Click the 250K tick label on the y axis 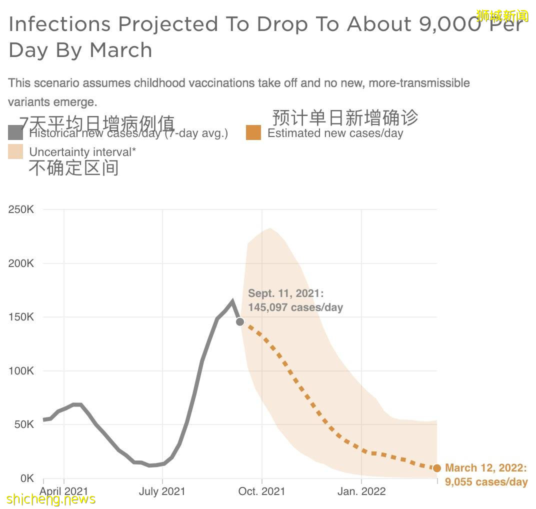(21, 209)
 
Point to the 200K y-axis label (21, 263)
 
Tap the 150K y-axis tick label (21, 317)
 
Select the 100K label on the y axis (21, 371)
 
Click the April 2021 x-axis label (64, 491)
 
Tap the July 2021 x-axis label (162, 491)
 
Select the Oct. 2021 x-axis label (261, 491)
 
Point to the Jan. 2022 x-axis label (361, 491)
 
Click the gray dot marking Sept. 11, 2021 (240, 321)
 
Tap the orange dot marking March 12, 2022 (436, 468)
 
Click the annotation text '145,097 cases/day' (295, 307)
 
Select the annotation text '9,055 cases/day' (486, 482)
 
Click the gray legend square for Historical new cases (15, 133)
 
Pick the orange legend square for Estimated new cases (253, 133)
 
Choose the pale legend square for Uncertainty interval (15, 152)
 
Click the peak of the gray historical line (232, 301)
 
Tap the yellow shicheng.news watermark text (51, 499)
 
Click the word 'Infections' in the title (59, 24)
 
